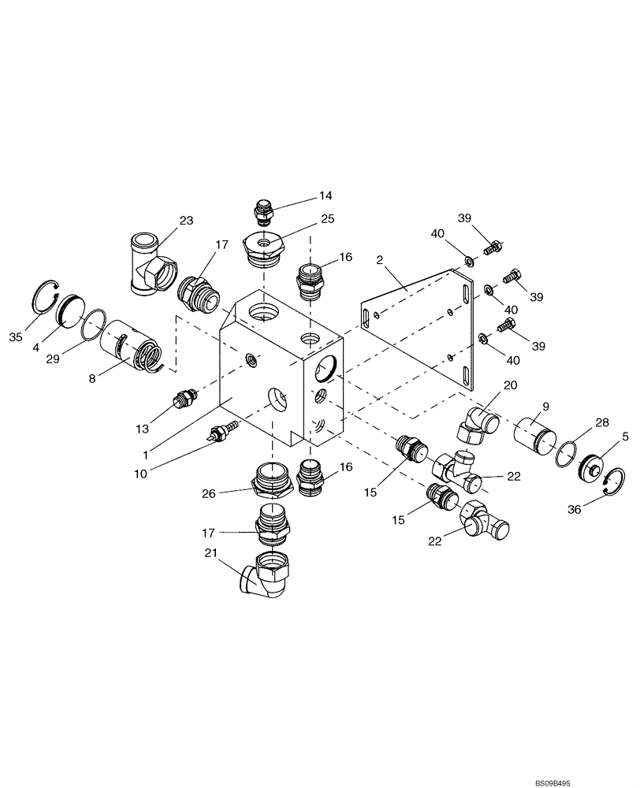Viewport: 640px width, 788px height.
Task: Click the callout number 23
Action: pos(185,221)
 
